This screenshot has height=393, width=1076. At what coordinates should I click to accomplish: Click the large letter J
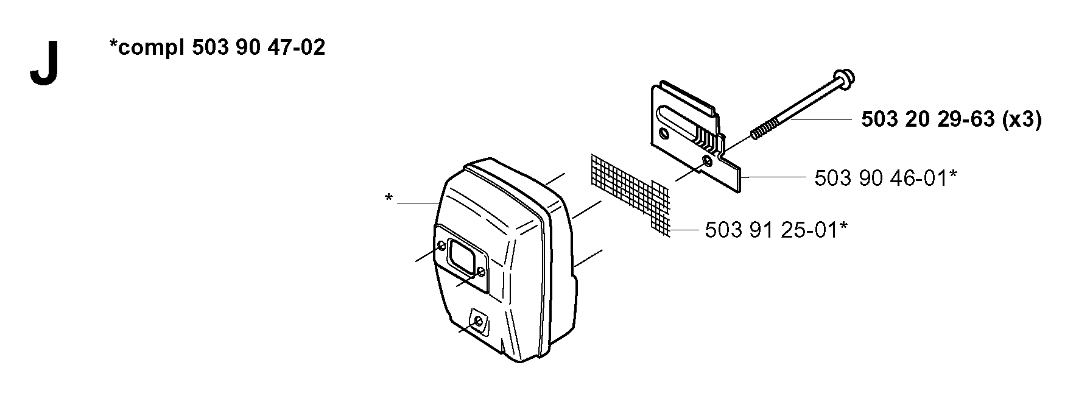43,64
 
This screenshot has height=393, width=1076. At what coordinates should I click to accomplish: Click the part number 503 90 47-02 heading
258,48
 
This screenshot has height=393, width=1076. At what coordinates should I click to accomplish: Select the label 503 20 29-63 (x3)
951,120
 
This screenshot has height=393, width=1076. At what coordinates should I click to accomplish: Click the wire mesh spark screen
630,193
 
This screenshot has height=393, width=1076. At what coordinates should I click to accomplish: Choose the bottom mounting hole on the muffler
478,321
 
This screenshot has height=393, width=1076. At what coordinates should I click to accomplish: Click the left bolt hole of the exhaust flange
441,246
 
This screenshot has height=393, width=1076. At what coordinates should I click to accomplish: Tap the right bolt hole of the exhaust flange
480,272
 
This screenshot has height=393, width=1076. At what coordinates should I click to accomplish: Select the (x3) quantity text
1021,121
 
